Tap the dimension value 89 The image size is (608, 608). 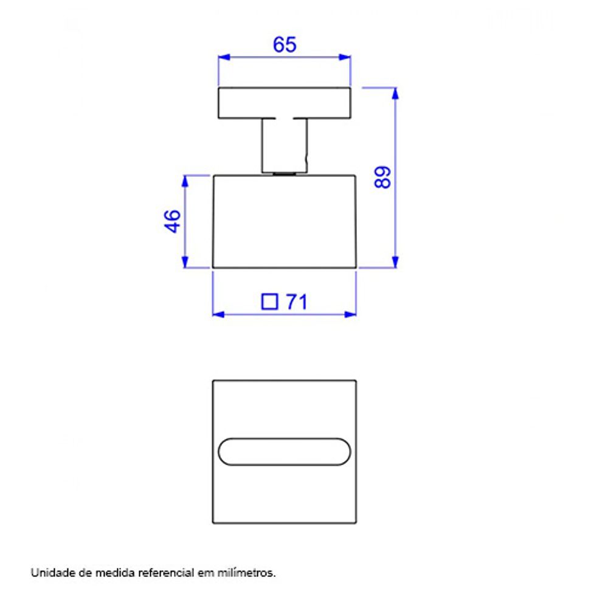coord(382,177)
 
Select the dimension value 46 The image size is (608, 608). coord(172,221)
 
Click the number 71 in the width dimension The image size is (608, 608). coord(296,302)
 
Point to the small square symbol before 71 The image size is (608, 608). coord(269,302)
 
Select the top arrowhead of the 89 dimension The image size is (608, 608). coord(396,93)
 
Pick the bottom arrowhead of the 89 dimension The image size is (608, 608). coord(396,262)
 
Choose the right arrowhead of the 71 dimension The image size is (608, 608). coord(351,314)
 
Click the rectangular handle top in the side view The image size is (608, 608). coord(285,103)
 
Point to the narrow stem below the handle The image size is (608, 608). coord(284,146)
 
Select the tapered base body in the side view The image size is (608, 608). coord(284,221)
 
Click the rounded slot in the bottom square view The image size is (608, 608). coord(284,452)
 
